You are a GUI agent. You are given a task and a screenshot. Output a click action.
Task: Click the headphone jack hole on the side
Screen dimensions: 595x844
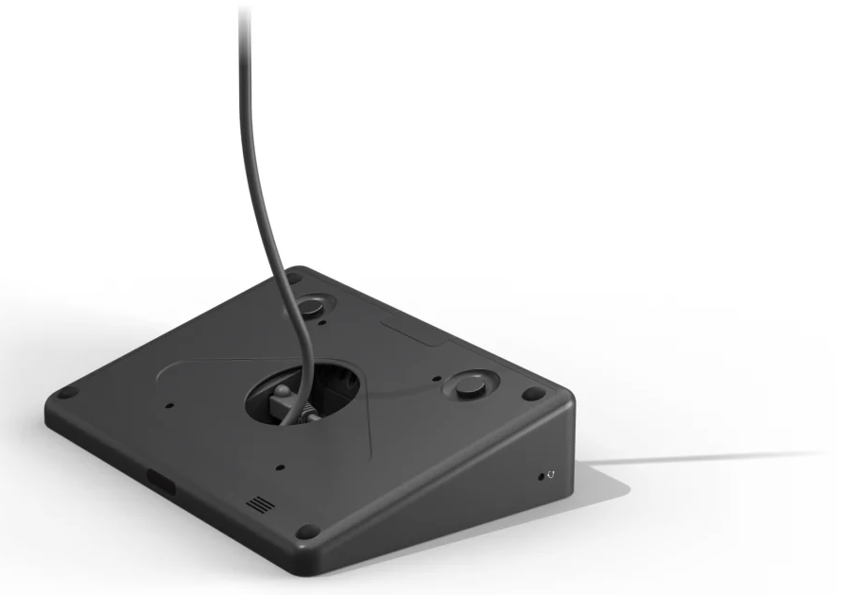(541, 475)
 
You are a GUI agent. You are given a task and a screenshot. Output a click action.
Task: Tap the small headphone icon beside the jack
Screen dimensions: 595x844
(551, 474)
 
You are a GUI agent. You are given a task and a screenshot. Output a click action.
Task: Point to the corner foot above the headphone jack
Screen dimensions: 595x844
(534, 393)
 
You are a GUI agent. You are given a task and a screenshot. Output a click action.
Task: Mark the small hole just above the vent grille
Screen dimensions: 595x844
(281, 466)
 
